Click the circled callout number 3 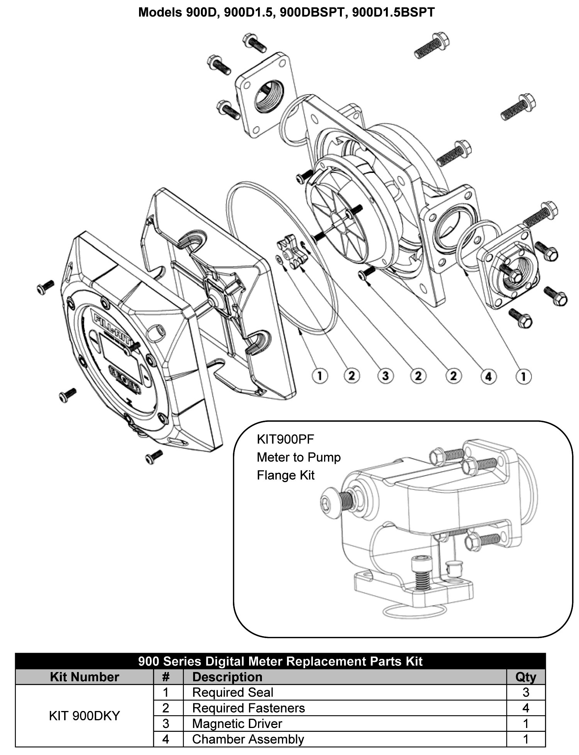pyautogui.click(x=385, y=376)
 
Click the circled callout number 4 pyautogui.click(x=488, y=376)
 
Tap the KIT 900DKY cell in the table pyautogui.click(x=84, y=716)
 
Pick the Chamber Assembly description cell pyautogui.click(x=248, y=739)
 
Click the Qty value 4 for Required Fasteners pyautogui.click(x=525, y=708)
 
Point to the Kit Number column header pyautogui.click(x=84, y=677)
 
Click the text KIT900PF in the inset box pyautogui.click(x=285, y=439)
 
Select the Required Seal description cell pyautogui.click(x=233, y=692)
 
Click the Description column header pyautogui.click(x=227, y=677)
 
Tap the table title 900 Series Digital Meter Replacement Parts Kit pyautogui.click(x=280, y=661)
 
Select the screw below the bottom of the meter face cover pyautogui.click(x=154, y=457)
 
